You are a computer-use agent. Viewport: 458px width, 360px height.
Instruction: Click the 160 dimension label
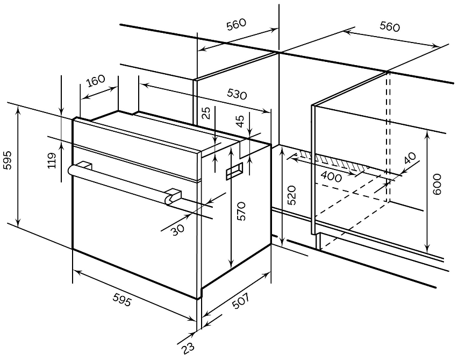pyautogui.click(x=95, y=81)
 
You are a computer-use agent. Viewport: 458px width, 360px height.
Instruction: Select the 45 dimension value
pyautogui.click(x=240, y=121)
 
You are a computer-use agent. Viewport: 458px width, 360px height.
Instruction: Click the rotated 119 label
pyautogui.click(x=52, y=160)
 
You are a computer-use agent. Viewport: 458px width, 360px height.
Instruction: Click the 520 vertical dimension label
pyautogui.click(x=291, y=195)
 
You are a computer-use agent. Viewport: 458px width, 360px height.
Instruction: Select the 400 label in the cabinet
pyautogui.click(x=331, y=177)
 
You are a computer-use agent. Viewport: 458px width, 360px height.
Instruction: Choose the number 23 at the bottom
pyautogui.click(x=188, y=349)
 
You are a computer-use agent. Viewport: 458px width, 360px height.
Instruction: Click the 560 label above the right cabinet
pyautogui.click(x=390, y=27)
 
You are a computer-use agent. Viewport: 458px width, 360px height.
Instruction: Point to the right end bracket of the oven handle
pyautogui.click(x=173, y=196)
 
